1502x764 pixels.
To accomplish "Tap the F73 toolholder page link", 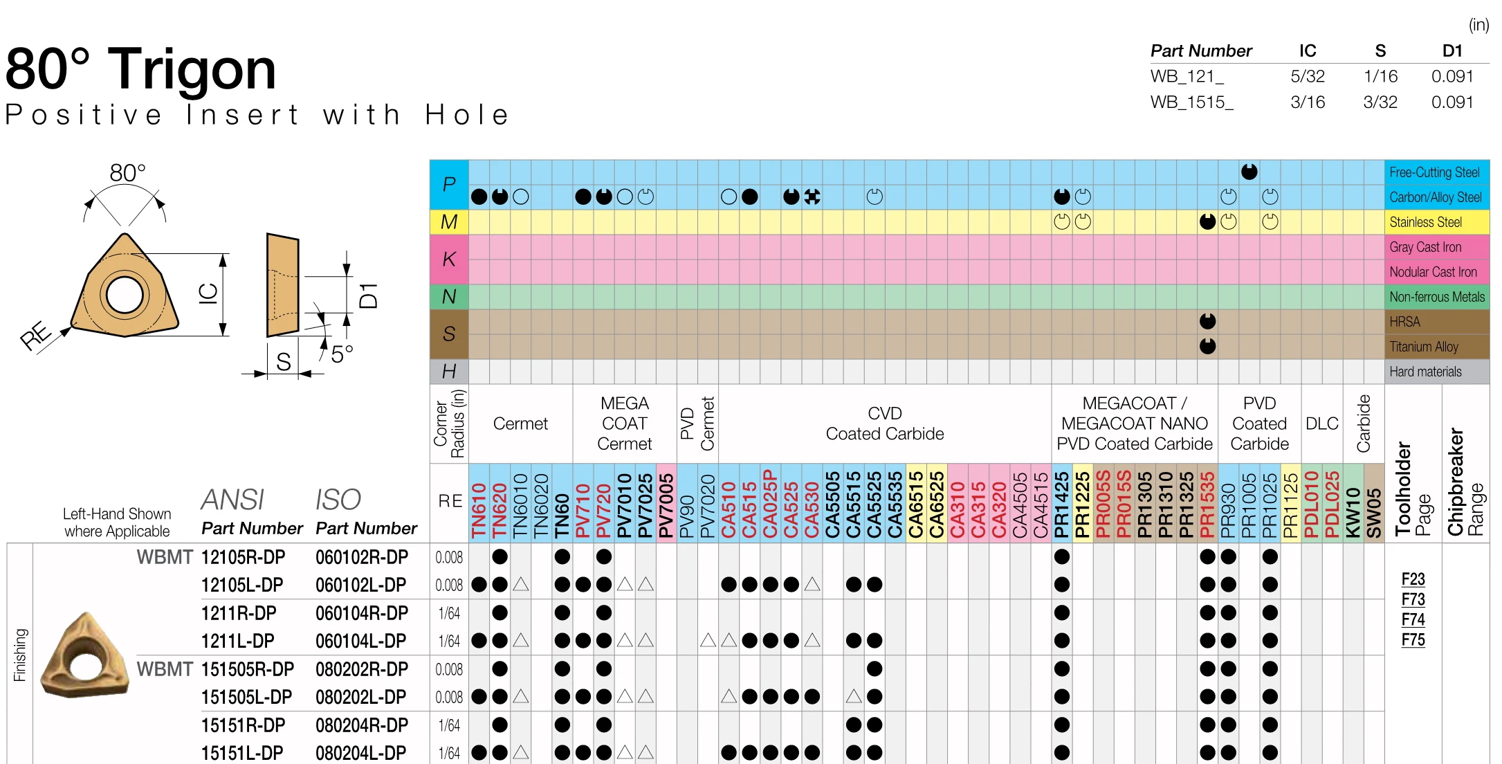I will (1413, 599).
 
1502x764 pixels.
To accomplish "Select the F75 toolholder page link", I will (1413, 639).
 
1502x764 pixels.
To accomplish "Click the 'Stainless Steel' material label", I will (1425, 222).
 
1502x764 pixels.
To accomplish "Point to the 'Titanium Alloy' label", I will (1423, 347).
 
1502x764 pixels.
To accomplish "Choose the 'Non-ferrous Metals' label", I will (1436, 297).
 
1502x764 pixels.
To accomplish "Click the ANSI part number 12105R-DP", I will (243, 557).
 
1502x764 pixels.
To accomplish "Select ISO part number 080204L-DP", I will (360, 753).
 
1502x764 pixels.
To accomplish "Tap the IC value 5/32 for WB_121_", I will (1307, 76).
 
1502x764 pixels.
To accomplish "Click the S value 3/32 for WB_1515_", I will (1380, 102).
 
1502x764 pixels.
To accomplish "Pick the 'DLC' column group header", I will (1321, 424).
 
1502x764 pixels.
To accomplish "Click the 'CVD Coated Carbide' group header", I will (884, 424).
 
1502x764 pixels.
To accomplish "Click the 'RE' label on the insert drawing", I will (36, 335).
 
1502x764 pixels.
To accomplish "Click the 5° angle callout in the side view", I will (342, 354).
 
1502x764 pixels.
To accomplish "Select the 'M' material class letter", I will (448, 222).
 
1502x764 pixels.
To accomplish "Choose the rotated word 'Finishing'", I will (20, 655).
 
